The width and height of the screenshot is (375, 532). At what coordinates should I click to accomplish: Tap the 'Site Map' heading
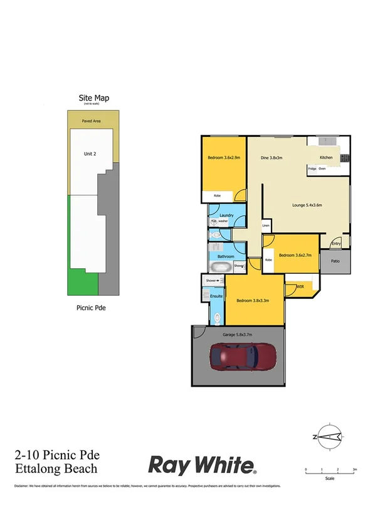(x=93, y=97)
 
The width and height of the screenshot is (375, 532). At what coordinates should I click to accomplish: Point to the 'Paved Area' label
(x=92, y=121)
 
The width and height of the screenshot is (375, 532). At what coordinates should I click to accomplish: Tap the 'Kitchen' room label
(x=326, y=158)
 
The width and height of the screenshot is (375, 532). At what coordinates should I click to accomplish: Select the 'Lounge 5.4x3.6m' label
(x=307, y=205)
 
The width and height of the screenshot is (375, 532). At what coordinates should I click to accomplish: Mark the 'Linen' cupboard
(x=266, y=225)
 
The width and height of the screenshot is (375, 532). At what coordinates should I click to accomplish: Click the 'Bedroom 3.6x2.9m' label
(x=223, y=158)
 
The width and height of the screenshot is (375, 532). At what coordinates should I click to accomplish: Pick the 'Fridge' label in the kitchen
(x=312, y=169)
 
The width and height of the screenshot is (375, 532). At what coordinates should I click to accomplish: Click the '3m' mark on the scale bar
(x=354, y=469)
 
